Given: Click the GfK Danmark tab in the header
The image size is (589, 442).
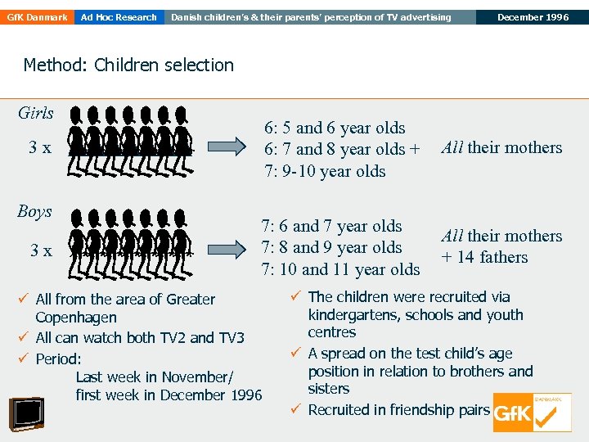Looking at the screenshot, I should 36,17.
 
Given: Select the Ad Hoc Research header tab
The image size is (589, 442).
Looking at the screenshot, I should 119,17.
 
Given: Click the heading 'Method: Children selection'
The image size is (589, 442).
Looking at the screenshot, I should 128,65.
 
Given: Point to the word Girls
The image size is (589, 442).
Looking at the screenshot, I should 35,113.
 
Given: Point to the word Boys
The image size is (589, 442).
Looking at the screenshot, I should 34,211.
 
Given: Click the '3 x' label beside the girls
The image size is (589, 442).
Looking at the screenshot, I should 40,148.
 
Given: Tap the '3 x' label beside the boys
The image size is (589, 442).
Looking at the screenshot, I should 40,250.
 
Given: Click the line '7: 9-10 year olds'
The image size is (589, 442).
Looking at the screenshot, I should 325,171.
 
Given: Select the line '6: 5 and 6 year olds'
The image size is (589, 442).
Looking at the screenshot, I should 334,128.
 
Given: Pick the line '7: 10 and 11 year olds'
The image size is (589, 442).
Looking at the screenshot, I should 340,268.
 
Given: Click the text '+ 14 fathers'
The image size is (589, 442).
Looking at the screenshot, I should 485,257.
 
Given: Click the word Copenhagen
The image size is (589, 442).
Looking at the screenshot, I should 76,318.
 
